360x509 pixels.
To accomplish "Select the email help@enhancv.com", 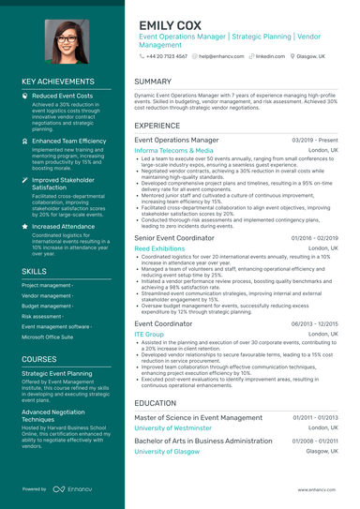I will [x=220, y=56].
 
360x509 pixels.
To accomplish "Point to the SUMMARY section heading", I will [x=153, y=82].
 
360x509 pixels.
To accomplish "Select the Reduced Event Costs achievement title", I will [x=62, y=96].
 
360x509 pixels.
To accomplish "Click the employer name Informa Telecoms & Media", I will [x=173, y=150].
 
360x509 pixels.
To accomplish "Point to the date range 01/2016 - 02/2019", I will [x=315, y=238].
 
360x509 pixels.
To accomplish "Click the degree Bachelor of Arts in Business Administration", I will [x=202, y=441].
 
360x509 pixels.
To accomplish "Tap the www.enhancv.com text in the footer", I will [x=318, y=489].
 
